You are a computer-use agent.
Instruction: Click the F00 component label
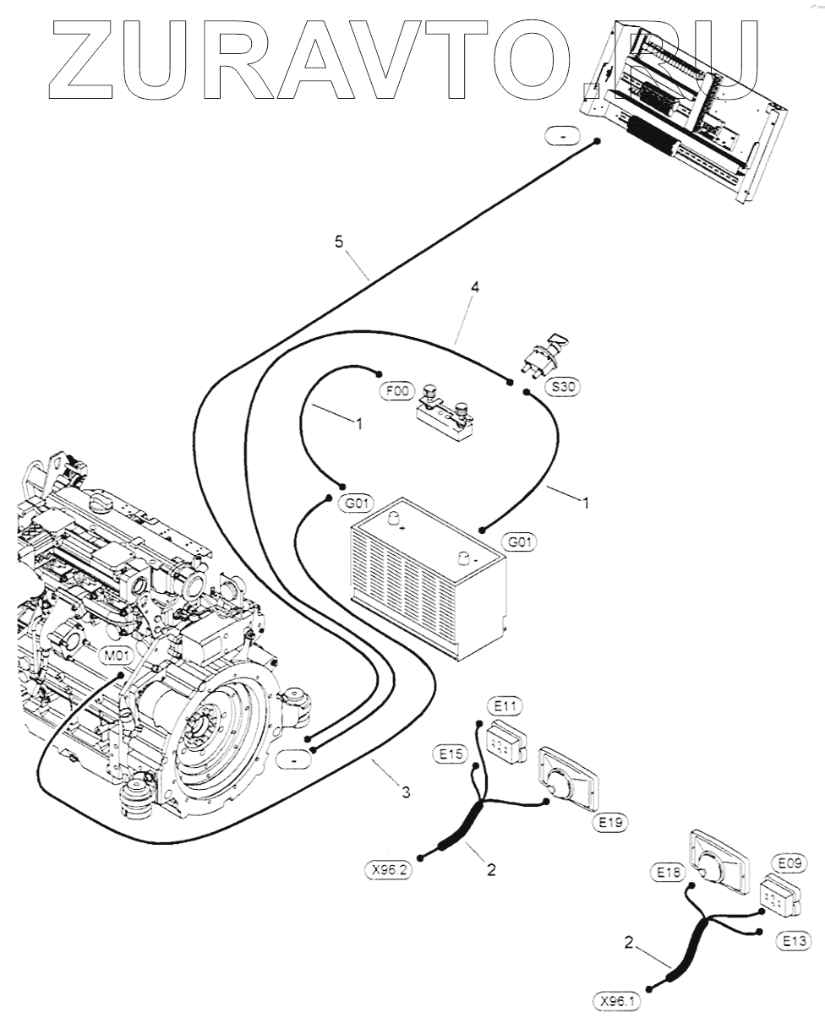pyautogui.click(x=397, y=390)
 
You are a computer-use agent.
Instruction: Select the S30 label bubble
pyautogui.click(x=563, y=386)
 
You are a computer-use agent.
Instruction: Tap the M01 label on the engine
pyautogui.click(x=117, y=655)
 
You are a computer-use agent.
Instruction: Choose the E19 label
pyautogui.click(x=610, y=822)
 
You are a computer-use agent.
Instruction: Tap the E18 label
pyautogui.click(x=668, y=872)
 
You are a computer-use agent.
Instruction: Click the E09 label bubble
pyautogui.click(x=789, y=863)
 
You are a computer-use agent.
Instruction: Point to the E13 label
pyautogui.click(x=794, y=940)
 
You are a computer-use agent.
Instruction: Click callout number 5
pyautogui.click(x=339, y=242)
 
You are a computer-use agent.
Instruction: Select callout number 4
pyautogui.click(x=475, y=287)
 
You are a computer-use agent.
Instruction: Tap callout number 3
pyautogui.click(x=407, y=792)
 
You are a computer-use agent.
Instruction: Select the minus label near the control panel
pyautogui.click(x=562, y=135)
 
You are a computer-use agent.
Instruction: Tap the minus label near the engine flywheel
pyautogui.click(x=294, y=760)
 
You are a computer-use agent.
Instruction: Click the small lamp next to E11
pyautogui.click(x=506, y=743)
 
